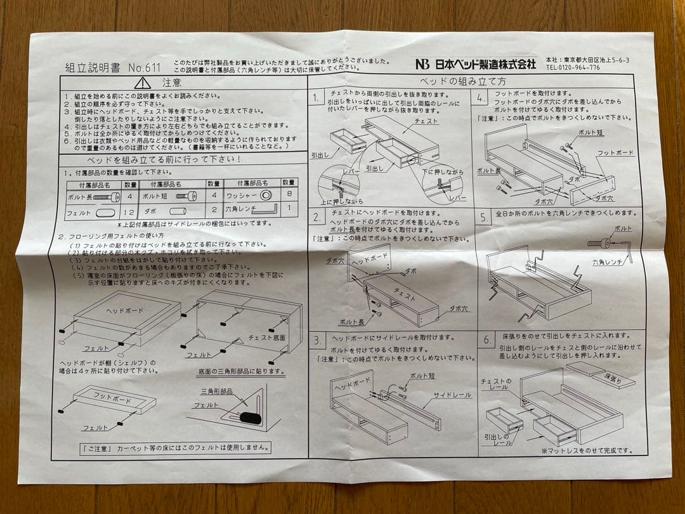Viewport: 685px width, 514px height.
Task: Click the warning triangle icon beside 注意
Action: pyautogui.click(x=143, y=82)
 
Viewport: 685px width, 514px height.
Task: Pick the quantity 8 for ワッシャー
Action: pyautogui.click(x=289, y=196)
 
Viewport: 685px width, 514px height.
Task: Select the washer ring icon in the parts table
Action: pyautogui.click(x=265, y=195)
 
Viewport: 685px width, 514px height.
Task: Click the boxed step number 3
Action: pyautogui.click(x=318, y=341)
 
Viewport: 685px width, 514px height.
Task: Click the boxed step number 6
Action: pyautogui.click(x=486, y=339)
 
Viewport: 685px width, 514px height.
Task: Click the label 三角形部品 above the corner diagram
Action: pyautogui.click(x=218, y=391)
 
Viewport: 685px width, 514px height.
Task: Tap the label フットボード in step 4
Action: pyautogui.click(x=615, y=153)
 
